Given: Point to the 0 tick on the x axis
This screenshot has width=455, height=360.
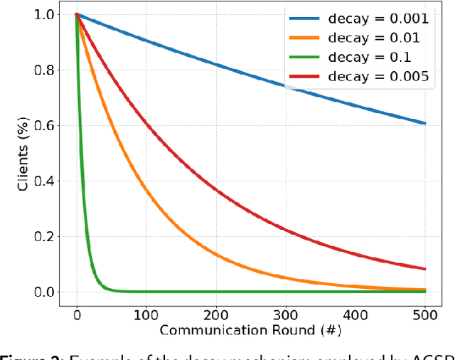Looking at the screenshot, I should [77, 314].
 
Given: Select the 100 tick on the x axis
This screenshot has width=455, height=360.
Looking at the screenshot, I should [146, 314].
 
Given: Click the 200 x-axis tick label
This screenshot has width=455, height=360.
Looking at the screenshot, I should [216, 314].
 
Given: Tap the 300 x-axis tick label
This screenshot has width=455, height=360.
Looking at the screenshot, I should [286, 314].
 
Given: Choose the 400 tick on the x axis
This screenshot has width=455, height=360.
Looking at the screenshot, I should [355, 314].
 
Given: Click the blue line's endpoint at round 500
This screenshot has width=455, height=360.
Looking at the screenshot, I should [425, 123].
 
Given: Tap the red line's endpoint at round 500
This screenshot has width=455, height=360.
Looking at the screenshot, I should [425, 269].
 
